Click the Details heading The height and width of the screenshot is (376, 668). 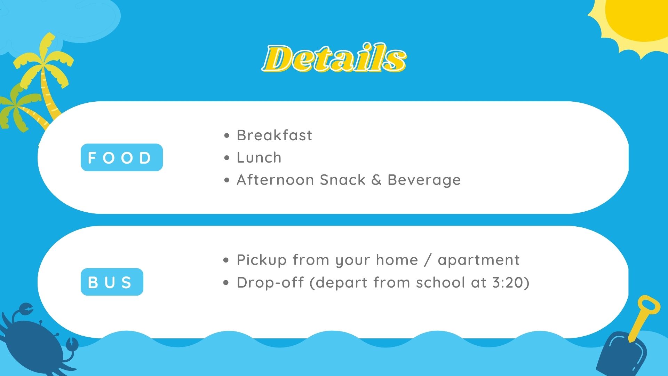pos(334,58)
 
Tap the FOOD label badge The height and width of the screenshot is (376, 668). pos(122,157)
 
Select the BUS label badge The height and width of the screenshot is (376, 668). pos(112,282)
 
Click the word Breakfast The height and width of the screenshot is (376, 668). pos(275,135)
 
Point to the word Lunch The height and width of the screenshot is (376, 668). pos(259,157)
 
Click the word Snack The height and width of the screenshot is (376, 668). pos(343,180)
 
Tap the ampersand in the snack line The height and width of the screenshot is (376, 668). pos(376,180)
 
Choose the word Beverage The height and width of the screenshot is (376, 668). pos(424,180)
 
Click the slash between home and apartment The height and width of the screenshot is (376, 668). pos(428,260)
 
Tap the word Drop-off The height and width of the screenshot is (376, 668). pos(271,282)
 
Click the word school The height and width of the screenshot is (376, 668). pos(441,282)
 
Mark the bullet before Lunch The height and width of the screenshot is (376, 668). pos(227,158)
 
